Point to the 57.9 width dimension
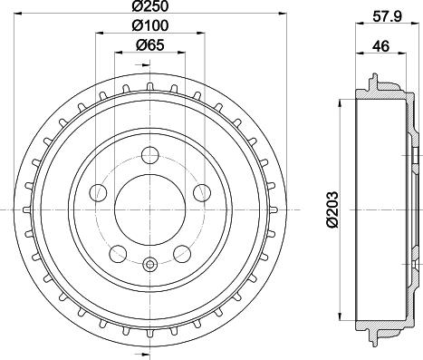383,15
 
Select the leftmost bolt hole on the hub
97,191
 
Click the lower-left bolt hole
117,253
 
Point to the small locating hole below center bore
150,265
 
